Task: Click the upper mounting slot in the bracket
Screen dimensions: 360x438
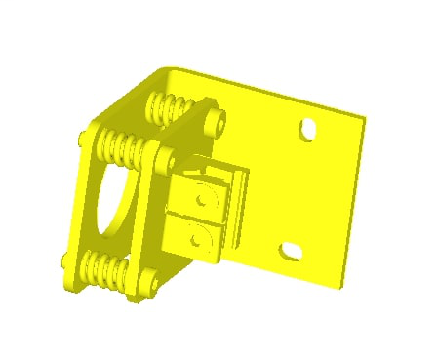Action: [x=308, y=128]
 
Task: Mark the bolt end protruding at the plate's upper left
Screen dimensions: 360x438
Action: [x=83, y=140]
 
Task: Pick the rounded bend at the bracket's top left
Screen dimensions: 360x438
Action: [x=166, y=72]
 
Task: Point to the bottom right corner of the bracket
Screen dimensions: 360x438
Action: [x=342, y=285]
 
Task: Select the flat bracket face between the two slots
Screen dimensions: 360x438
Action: [x=302, y=190]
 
